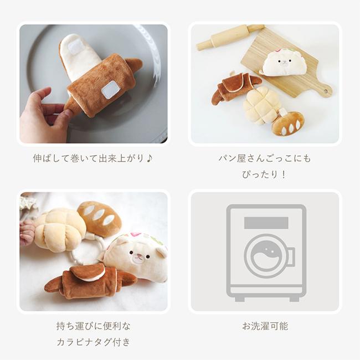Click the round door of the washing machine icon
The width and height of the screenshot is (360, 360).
266,256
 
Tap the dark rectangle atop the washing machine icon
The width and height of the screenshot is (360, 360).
266,223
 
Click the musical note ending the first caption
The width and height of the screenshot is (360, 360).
149,158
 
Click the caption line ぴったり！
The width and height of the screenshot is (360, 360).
264,174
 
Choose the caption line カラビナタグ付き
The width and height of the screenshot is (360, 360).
93,342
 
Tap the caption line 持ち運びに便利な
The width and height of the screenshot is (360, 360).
93,326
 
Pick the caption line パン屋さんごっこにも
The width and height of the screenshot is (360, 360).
264,158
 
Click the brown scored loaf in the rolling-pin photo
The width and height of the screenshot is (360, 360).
288,123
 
